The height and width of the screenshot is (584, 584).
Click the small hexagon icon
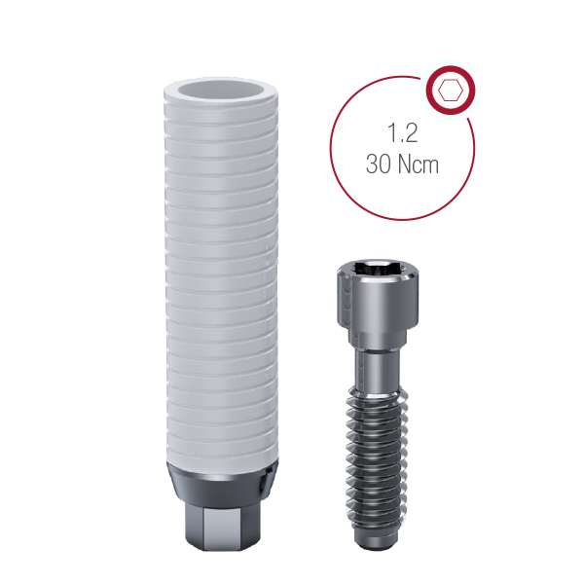point(450,91)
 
